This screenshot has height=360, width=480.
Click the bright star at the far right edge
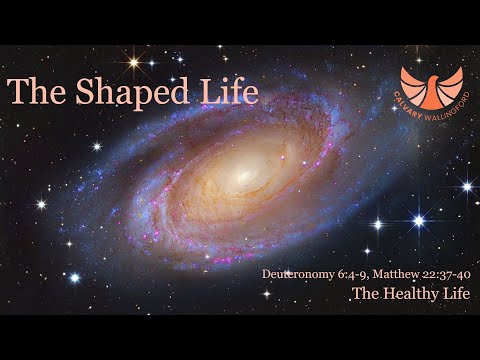pyautogui.click(x=466, y=186)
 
